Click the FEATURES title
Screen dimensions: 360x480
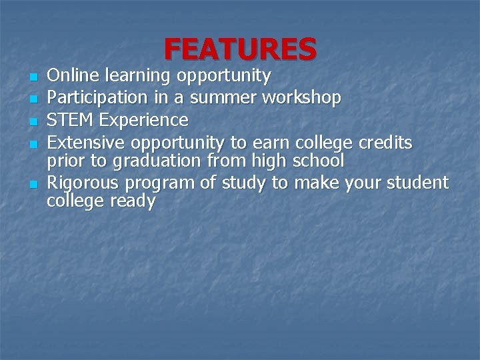tap(240, 49)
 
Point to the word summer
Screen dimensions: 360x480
tap(222, 99)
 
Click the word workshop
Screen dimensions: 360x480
tap(302, 99)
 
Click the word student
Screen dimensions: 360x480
tap(417, 181)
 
